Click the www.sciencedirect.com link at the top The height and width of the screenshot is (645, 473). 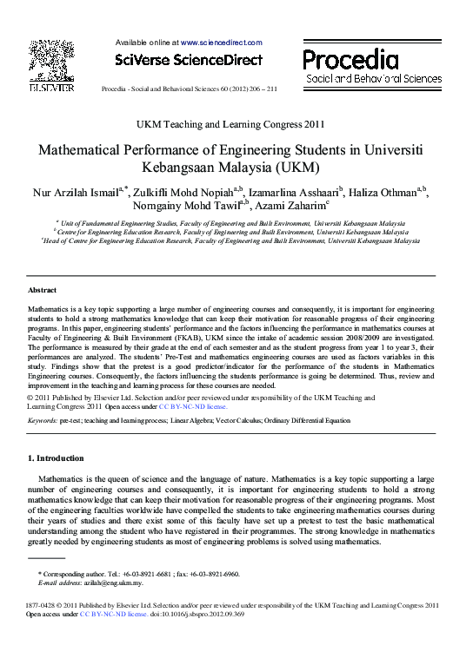pyautogui.click(x=221, y=42)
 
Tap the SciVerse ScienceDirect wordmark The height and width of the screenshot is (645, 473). pyautogui.click(x=188, y=60)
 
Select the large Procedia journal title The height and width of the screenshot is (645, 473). pyautogui.click(x=350, y=60)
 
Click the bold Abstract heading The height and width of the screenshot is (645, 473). pyautogui.click(x=42, y=290)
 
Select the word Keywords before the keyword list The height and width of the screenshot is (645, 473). pyautogui.click(x=43, y=419)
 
